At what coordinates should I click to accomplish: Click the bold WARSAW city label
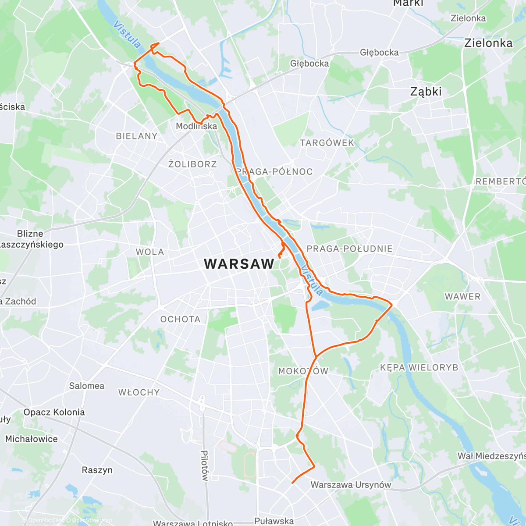tap(239, 264)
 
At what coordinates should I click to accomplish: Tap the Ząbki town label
tap(426, 92)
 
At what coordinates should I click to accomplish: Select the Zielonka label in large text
tap(488, 43)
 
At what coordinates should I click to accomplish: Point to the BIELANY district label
tap(136, 136)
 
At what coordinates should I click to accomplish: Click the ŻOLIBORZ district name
tap(192, 164)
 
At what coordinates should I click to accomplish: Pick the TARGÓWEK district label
tap(327, 143)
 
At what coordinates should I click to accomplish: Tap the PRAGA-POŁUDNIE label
tap(349, 249)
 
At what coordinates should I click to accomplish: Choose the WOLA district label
tap(150, 252)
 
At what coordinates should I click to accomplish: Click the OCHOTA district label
tap(180, 319)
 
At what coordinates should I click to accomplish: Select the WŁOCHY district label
tap(139, 392)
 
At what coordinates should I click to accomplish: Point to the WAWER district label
tap(462, 296)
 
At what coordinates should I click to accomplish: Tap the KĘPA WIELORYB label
tap(419, 367)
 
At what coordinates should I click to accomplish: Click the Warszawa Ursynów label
tap(351, 485)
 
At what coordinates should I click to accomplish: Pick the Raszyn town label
tap(97, 470)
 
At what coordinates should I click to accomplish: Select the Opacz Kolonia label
tap(54, 412)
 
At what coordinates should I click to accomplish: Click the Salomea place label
tap(86, 386)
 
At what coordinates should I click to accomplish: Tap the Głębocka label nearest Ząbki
tap(379, 52)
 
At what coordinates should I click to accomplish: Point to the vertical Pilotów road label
tap(204, 465)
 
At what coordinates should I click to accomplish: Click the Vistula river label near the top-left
tap(127, 34)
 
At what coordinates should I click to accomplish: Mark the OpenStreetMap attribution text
tap(92, 520)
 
